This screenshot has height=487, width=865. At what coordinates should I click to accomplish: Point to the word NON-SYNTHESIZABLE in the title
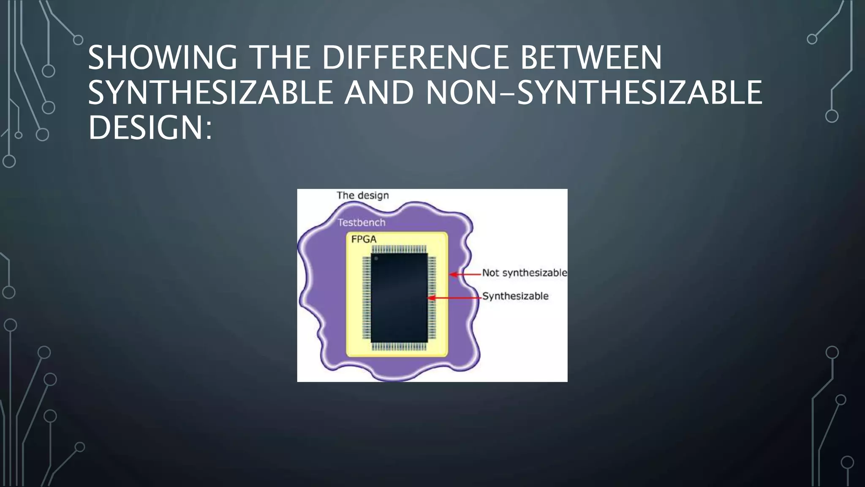tap(594, 93)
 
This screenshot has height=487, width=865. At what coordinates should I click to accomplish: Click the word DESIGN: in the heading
tap(150, 128)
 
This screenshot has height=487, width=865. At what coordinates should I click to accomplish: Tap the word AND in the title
tap(379, 93)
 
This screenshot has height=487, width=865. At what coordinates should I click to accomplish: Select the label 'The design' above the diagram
tap(362, 195)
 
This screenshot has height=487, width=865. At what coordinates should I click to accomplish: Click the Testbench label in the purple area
tap(361, 222)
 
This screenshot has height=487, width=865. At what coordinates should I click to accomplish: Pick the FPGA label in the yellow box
tap(364, 239)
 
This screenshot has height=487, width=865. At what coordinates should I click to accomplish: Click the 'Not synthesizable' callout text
tap(525, 273)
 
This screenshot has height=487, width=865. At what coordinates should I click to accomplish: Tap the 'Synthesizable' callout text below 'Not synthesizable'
tap(515, 296)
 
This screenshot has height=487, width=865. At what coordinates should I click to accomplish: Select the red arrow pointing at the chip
tap(454, 298)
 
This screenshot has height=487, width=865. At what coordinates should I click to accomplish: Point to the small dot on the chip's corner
tap(376, 258)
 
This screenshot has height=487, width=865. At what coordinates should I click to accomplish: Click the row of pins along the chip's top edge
tap(399, 249)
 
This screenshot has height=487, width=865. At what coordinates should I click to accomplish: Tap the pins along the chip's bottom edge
tap(399, 347)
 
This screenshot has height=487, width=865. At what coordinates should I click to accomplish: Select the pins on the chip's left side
tap(366, 298)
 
